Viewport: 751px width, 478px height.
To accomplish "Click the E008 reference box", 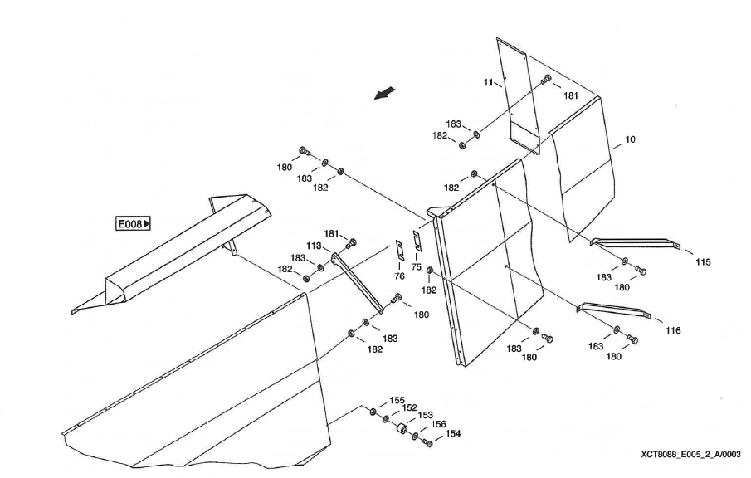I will (134, 223).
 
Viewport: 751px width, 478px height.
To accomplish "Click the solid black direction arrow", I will (384, 93).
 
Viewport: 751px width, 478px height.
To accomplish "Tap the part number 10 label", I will (630, 140).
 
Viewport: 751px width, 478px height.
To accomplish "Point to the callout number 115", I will (703, 262).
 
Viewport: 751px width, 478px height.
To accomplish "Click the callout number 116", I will (672, 330).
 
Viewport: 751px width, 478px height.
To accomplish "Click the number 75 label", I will (416, 266).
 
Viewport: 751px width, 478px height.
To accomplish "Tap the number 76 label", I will (399, 276).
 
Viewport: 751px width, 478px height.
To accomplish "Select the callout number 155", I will (397, 400).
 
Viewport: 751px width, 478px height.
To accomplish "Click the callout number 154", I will (453, 433).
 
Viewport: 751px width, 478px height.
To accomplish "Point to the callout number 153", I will (425, 416).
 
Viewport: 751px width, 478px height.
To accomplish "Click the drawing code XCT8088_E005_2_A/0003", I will (690, 455).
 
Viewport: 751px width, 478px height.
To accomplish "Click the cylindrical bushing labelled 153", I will (401, 430).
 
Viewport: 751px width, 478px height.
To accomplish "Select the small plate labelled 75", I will (417, 241).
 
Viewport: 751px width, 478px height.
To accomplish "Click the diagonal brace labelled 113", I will (357, 283).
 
